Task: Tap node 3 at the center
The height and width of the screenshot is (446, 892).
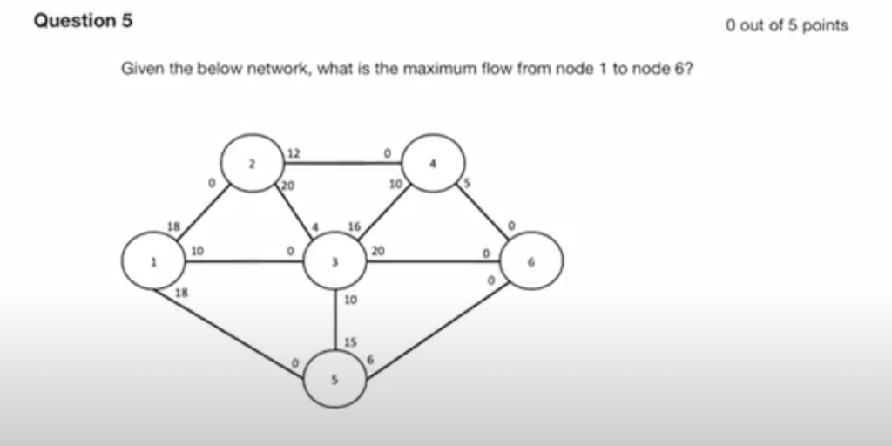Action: pos(335,262)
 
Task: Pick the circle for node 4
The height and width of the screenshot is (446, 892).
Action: pos(433,162)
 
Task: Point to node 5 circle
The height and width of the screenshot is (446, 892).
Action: pos(335,380)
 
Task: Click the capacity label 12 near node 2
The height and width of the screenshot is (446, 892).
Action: pos(294,152)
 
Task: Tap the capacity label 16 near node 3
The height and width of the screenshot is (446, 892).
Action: pos(354,226)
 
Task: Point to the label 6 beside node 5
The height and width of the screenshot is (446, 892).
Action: pos(370,360)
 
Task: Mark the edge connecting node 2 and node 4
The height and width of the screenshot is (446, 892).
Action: pos(342,162)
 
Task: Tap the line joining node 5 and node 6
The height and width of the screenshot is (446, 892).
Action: pos(436,332)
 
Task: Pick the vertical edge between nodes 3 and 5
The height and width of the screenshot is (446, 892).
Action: pos(335,319)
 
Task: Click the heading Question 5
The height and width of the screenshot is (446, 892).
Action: pos(83,21)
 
